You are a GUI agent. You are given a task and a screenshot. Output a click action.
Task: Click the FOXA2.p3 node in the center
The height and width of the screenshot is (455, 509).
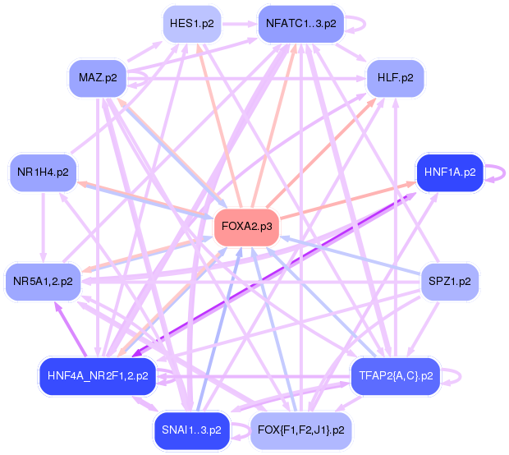click(246, 227)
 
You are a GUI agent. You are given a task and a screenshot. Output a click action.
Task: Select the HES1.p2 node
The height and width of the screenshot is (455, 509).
click(191, 23)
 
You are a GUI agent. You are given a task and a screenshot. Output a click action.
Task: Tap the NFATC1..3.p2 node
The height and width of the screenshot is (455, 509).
click(300, 23)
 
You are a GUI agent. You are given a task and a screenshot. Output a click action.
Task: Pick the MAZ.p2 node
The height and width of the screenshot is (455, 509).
click(98, 77)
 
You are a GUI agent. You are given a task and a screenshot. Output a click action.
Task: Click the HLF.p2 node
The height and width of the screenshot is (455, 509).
click(396, 77)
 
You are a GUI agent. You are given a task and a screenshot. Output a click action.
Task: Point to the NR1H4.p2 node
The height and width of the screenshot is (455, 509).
click(42, 172)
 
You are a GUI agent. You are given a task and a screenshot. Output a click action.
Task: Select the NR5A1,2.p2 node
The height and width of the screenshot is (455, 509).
click(42, 281)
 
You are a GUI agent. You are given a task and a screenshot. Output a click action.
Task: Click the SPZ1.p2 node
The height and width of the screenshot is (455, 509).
click(450, 281)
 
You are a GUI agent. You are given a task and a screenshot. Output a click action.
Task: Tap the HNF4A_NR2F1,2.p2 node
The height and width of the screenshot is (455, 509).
click(98, 375)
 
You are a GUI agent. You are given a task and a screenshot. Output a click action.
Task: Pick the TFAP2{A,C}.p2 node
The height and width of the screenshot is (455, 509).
click(396, 375)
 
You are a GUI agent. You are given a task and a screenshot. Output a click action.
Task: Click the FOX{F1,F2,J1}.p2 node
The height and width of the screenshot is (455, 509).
click(300, 430)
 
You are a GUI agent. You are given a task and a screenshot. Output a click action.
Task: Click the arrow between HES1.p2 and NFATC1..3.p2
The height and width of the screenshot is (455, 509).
click(239, 23)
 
